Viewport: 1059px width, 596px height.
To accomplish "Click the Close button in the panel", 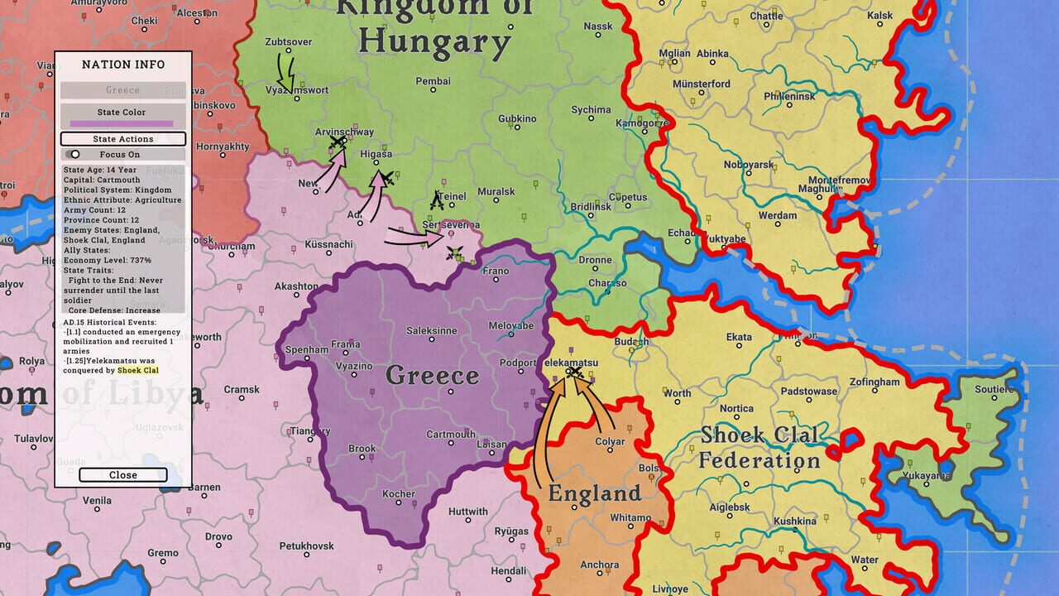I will pos(123,475).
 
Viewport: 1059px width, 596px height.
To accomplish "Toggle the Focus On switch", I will pos(74,154).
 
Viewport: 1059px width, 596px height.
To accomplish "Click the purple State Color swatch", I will pos(122,123).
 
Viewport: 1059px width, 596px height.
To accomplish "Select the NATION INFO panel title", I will pos(123,65).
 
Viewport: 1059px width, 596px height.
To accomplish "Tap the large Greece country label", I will pos(433,376).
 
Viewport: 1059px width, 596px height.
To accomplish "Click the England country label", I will pos(594,494).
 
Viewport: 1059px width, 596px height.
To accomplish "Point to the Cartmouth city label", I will pos(451,435).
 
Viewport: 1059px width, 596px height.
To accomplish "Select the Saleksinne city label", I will pos(431,331).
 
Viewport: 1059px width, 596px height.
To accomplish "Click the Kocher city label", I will pos(398,494).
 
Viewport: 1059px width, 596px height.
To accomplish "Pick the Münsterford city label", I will pos(701,84).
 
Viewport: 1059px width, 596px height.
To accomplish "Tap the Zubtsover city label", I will pos(288,42).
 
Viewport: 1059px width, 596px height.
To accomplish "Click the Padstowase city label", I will pos(808,392).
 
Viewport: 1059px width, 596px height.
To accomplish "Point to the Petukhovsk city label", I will pos(306,546).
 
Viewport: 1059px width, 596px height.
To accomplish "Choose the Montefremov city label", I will pos(839,180).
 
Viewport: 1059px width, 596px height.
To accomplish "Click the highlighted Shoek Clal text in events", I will pos(137,370).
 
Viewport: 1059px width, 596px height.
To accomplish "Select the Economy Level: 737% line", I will pos(107,260).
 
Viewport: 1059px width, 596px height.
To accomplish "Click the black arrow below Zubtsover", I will pos(286,73).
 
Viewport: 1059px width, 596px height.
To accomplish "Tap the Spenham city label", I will pos(306,350).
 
